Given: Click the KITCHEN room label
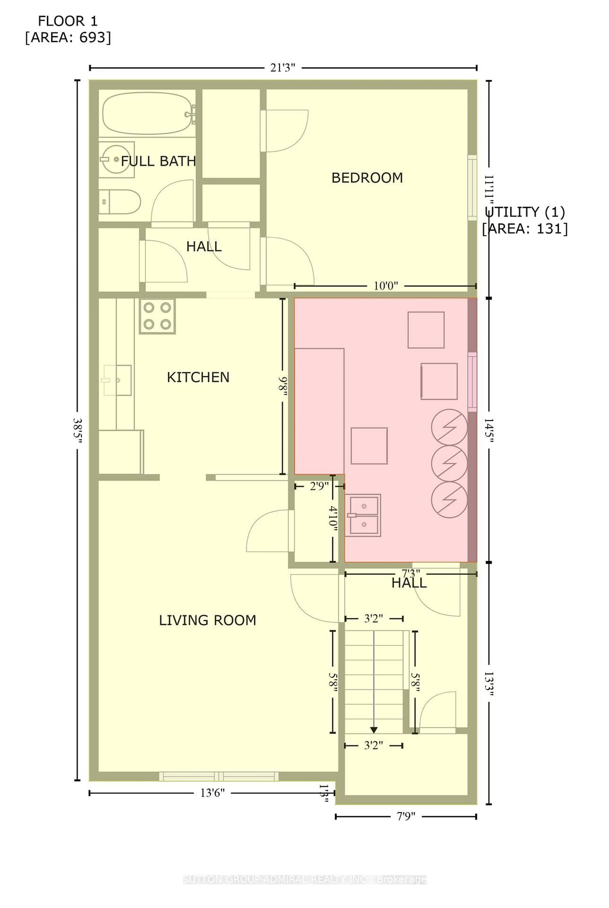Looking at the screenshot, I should point(198,377).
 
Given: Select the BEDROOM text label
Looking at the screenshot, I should point(367,178).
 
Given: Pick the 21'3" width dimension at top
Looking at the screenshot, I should point(283,68).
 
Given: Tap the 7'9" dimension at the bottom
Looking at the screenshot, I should point(406,817).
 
